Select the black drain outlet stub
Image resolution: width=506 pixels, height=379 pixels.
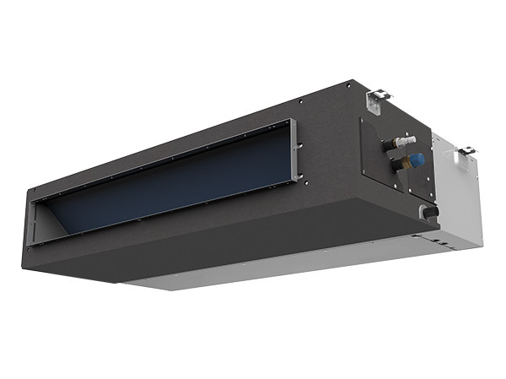tap(430, 213)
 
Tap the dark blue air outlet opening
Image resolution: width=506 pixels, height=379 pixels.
tap(169, 181)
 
